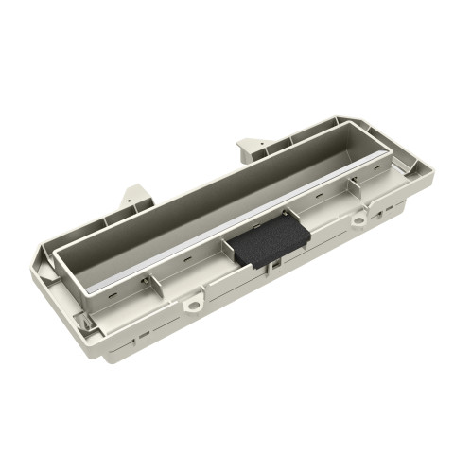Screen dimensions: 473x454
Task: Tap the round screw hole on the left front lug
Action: (194, 305)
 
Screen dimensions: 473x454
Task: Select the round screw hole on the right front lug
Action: (359, 220)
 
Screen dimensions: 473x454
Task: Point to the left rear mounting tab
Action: (132, 196)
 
